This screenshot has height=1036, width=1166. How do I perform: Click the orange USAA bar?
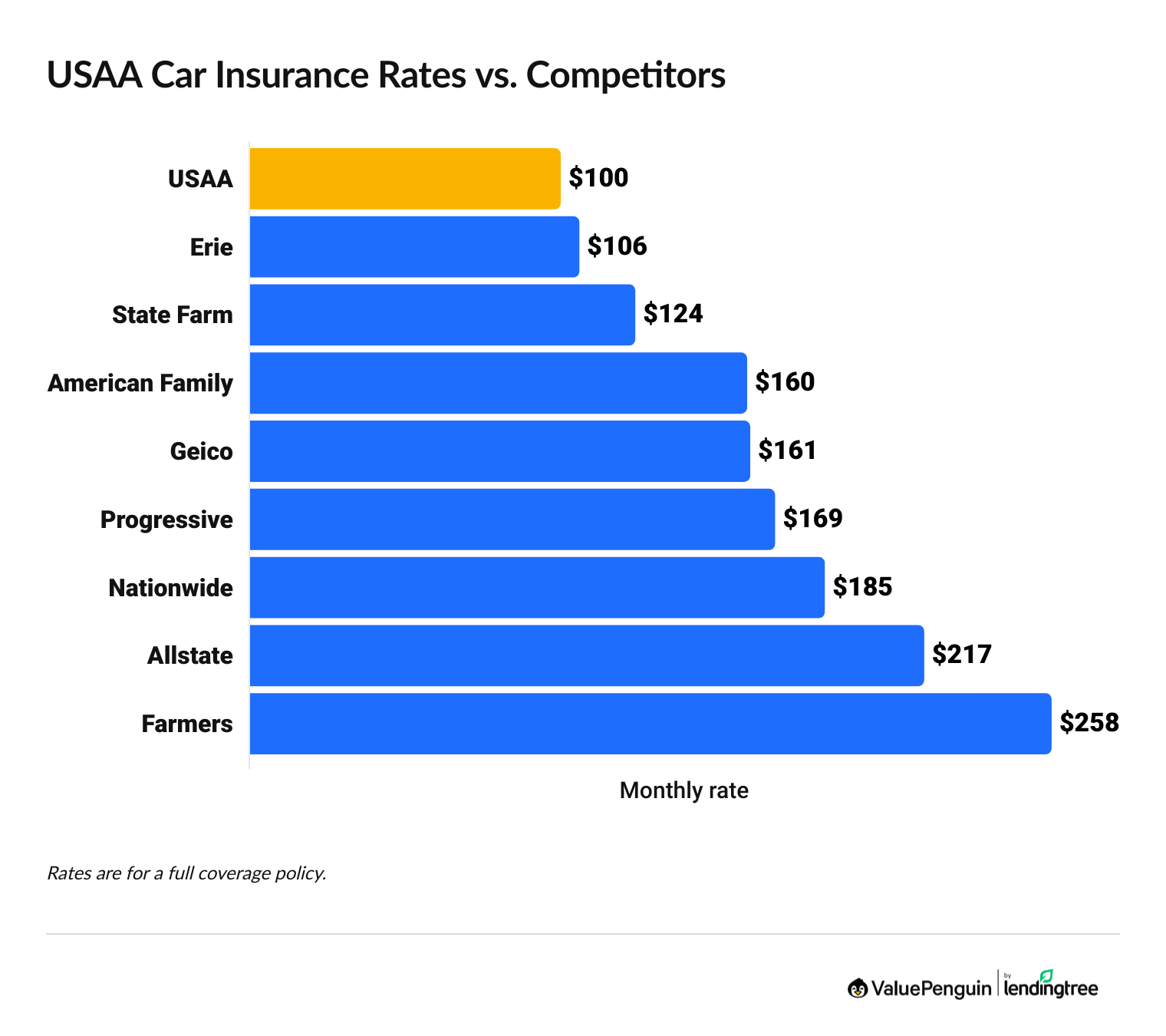[x=405, y=178]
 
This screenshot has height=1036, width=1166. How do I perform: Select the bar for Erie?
[x=414, y=246]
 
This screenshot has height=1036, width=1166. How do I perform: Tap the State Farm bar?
[x=442, y=315]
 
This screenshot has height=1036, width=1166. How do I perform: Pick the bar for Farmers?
[x=650, y=724]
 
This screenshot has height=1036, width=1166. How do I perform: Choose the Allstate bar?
[x=586, y=655]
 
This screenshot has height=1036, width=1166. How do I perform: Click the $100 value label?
[x=598, y=178]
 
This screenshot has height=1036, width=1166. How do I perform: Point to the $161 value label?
[x=788, y=450]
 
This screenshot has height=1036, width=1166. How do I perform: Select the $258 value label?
[x=1089, y=723]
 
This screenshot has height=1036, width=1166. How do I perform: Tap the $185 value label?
[x=862, y=587]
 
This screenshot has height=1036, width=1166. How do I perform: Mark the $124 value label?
[x=673, y=314]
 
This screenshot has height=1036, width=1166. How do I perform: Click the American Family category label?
[x=140, y=383]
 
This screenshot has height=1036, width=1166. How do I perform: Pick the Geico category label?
[x=201, y=451]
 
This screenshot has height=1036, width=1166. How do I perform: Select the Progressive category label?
[x=166, y=520]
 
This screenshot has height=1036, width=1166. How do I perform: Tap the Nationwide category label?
[x=170, y=588]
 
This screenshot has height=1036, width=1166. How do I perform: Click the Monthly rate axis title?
[x=683, y=790]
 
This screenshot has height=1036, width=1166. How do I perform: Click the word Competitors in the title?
[x=625, y=75]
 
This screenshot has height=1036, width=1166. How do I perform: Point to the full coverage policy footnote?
[x=186, y=873]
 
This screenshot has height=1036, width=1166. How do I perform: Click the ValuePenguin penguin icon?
[x=858, y=988]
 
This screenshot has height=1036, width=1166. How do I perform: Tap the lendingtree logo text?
[x=1051, y=988]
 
